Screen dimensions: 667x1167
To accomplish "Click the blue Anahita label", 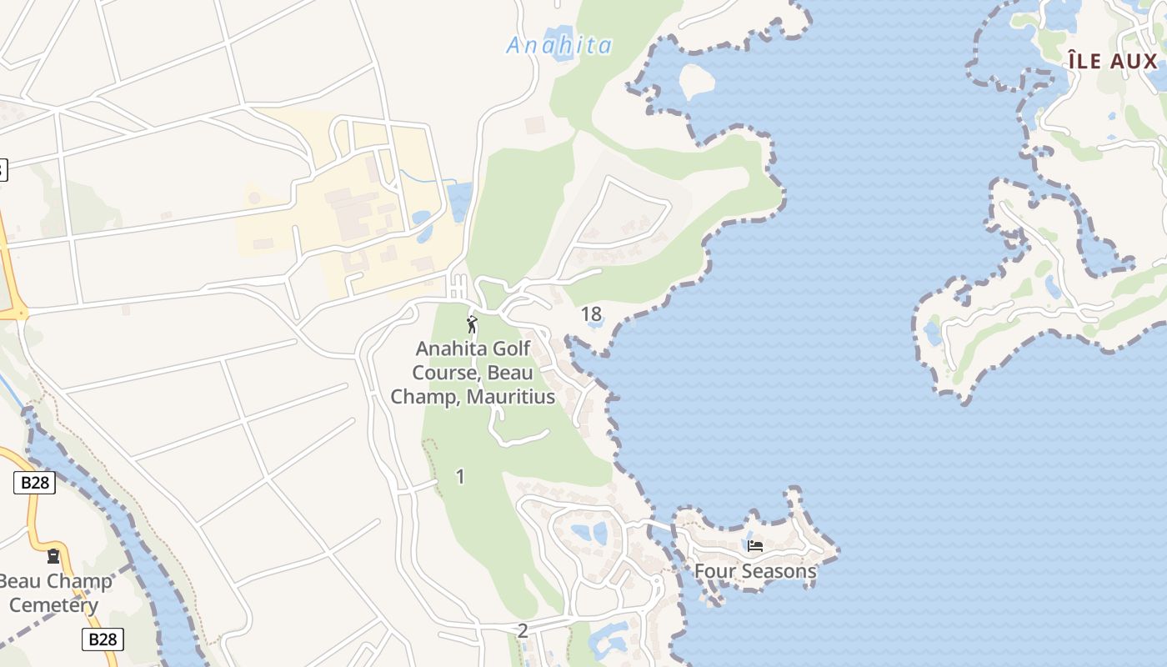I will click(559, 45).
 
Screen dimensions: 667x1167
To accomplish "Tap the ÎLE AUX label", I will click(1114, 61).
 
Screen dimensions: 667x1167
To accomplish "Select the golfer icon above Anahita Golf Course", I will click(472, 324).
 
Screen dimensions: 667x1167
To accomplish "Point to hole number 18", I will click(591, 314).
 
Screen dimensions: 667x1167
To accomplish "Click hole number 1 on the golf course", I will click(460, 477).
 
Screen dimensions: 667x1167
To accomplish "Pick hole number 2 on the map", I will click(523, 631).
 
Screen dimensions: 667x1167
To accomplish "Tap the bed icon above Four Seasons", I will click(755, 546).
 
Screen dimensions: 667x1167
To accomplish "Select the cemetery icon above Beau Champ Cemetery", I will click(54, 556).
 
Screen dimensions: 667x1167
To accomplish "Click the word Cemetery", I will click(53, 605).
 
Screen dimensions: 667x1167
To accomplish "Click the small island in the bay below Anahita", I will click(698, 81).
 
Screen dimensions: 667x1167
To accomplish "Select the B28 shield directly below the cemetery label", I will click(103, 639).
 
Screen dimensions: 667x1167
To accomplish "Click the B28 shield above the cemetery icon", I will click(34, 483).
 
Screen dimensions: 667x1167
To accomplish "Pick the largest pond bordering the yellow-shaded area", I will click(459, 203).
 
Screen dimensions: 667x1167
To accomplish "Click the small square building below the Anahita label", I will click(534, 125).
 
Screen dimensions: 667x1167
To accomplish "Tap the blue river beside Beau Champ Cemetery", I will click(125, 534).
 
